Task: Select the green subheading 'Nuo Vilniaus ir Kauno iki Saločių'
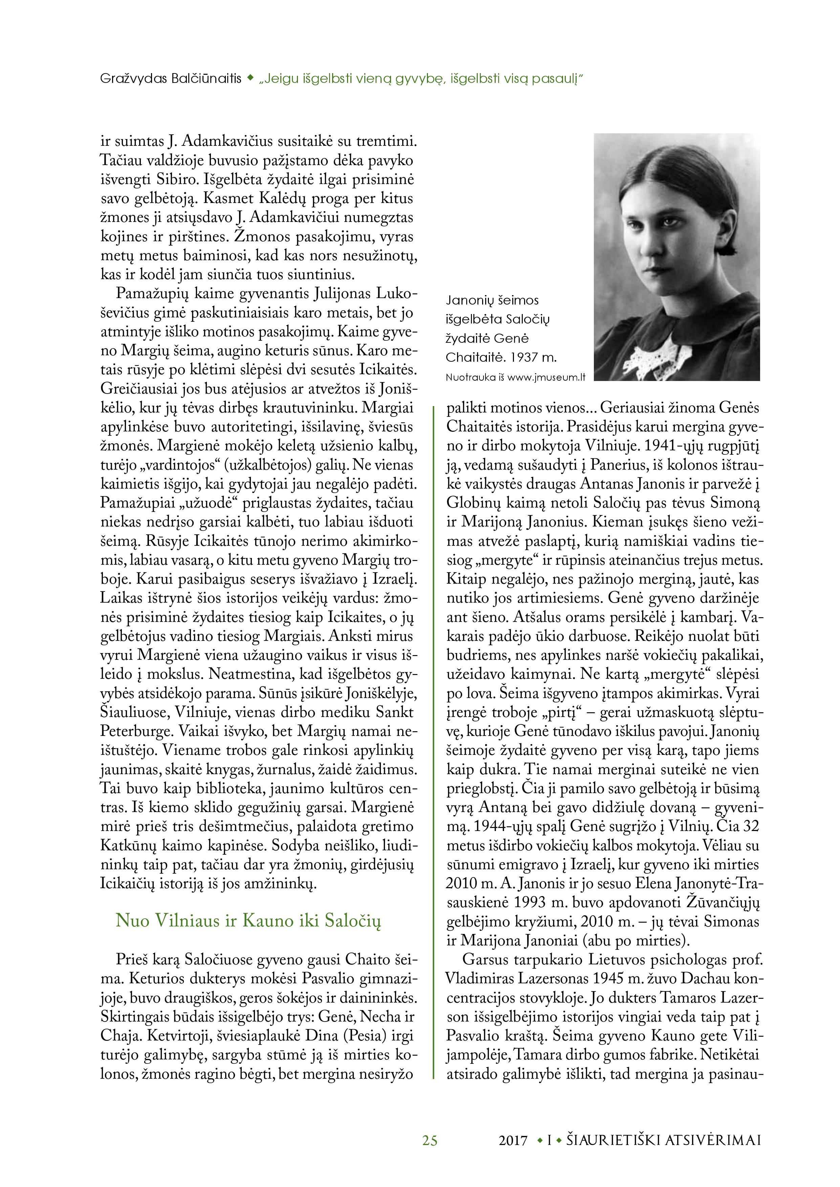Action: tap(248, 921)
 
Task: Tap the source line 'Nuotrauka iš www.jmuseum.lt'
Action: tap(515, 377)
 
